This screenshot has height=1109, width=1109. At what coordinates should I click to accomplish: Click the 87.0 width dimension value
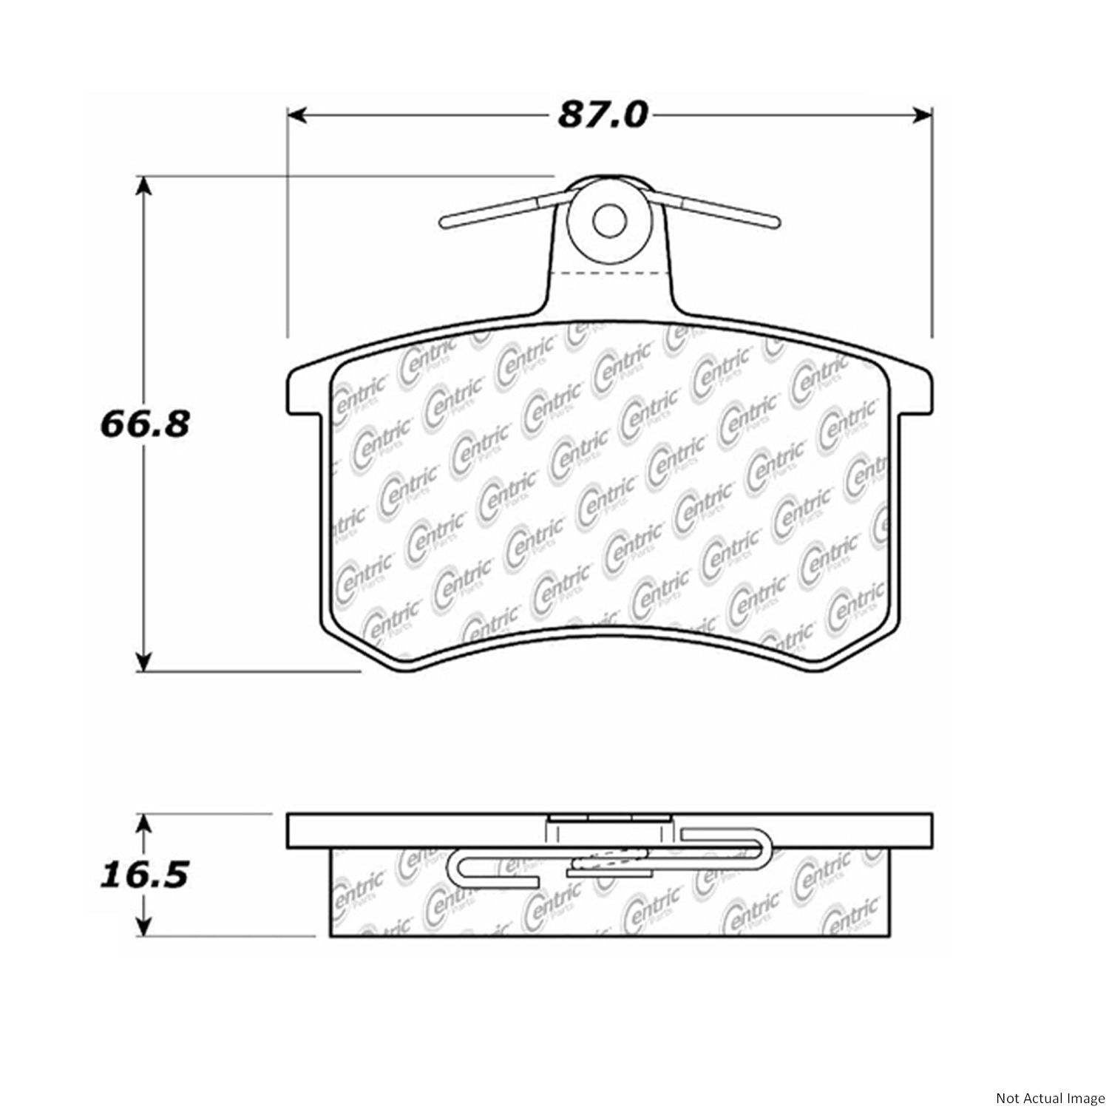pos(603,115)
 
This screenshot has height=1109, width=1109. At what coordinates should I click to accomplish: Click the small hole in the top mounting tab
pos(610,218)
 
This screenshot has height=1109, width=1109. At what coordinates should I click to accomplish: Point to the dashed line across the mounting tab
pos(610,273)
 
